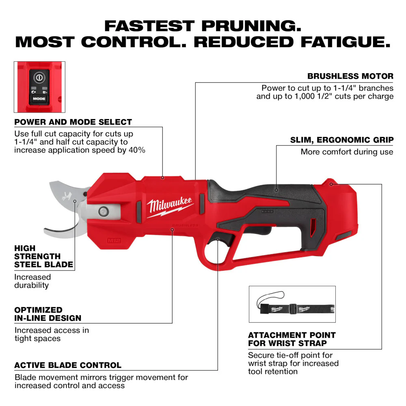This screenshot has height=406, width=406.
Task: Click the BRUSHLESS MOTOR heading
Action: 350,76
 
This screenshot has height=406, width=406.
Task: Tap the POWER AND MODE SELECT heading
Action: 73,122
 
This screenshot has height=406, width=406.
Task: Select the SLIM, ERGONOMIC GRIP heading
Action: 341,140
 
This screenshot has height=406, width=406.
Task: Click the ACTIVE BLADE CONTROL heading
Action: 68,365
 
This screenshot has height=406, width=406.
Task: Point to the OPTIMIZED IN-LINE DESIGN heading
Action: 48,314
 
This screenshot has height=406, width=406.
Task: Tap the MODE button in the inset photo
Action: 39,98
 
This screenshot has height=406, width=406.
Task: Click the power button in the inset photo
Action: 39,76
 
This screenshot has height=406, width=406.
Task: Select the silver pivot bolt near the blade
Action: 102,211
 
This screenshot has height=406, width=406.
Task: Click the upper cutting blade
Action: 67,191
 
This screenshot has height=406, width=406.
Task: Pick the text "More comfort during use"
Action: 347,152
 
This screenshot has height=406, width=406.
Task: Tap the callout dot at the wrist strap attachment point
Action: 331,184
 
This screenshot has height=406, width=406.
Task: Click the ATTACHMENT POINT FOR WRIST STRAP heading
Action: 292,339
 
